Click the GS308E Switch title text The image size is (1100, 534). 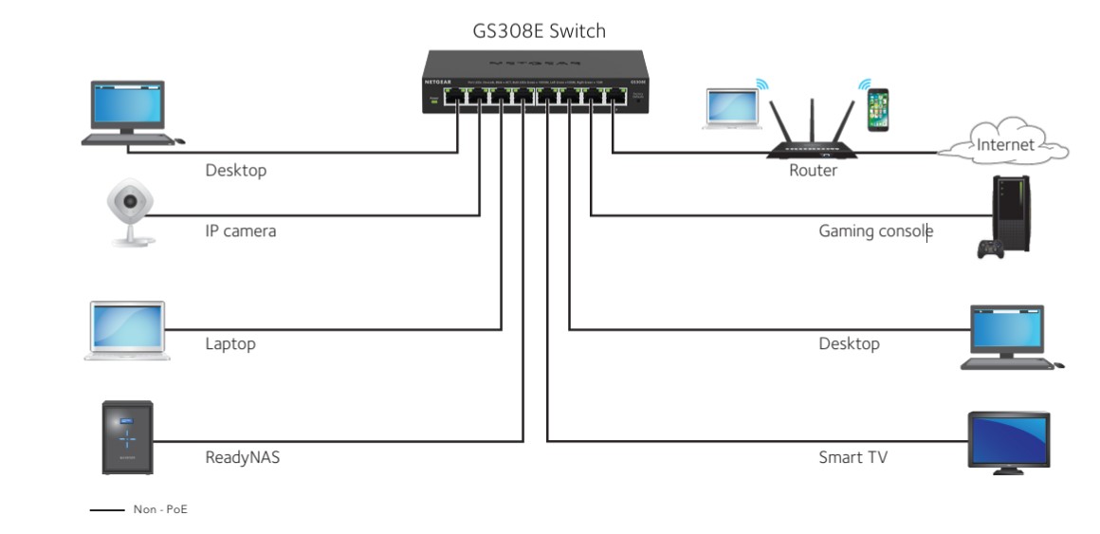point(539,31)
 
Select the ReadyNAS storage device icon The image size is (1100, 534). point(127,437)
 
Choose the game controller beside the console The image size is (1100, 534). point(991,249)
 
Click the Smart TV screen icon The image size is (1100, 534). point(1007,441)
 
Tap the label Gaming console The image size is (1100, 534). point(875,230)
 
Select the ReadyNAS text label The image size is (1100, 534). point(243,458)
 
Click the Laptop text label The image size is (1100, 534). point(230,343)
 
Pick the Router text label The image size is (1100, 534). point(813,171)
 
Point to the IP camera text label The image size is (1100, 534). point(241,230)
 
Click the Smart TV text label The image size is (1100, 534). point(852,457)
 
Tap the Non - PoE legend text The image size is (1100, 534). point(161,510)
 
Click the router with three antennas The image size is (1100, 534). point(812,133)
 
